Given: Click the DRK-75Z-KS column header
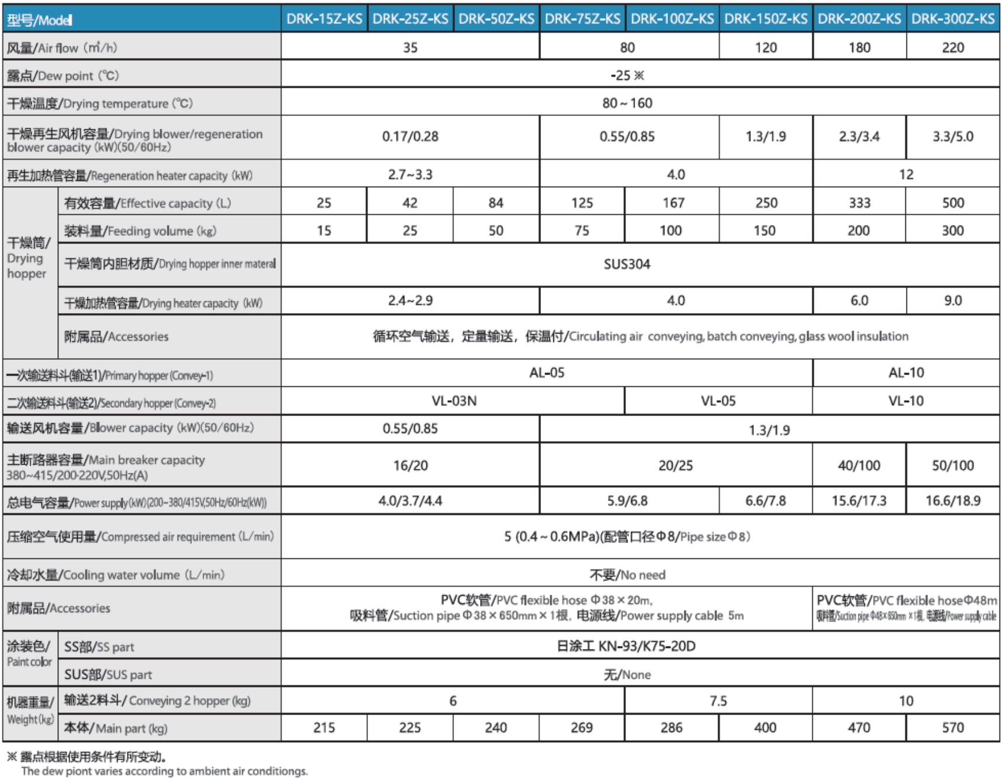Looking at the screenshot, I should click(x=583, y=19).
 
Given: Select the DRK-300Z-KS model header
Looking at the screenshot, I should click(x=953, y=19).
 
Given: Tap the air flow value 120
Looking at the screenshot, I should click(x=766, y=47).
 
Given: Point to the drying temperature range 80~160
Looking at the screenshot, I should click(x=627, y=103).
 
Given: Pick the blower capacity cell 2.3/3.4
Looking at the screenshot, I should click(x=859, y=136).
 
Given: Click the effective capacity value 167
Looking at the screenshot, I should click(x=673, y=202).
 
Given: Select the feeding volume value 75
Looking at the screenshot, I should click(x=582, y=231).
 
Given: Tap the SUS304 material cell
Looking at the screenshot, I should click(x=627, y=264).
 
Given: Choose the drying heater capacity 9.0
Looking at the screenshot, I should click(x=953, y=300).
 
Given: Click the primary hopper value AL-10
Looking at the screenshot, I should click(x=906, y=373).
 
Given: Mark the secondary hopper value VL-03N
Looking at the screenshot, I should click(x=454, y=401).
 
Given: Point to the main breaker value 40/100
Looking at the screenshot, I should click(x=859, y=465).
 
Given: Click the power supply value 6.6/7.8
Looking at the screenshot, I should click(x=766, y=501).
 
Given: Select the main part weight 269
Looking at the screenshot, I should click(x=582, y=727).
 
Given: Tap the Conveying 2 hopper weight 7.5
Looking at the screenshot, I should click(x=718, y=700).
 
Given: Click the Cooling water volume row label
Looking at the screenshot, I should click(x=116, y=575).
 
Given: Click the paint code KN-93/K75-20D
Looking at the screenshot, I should click(x=626, y=646).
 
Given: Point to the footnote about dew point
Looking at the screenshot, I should click(x=158, y=764).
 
